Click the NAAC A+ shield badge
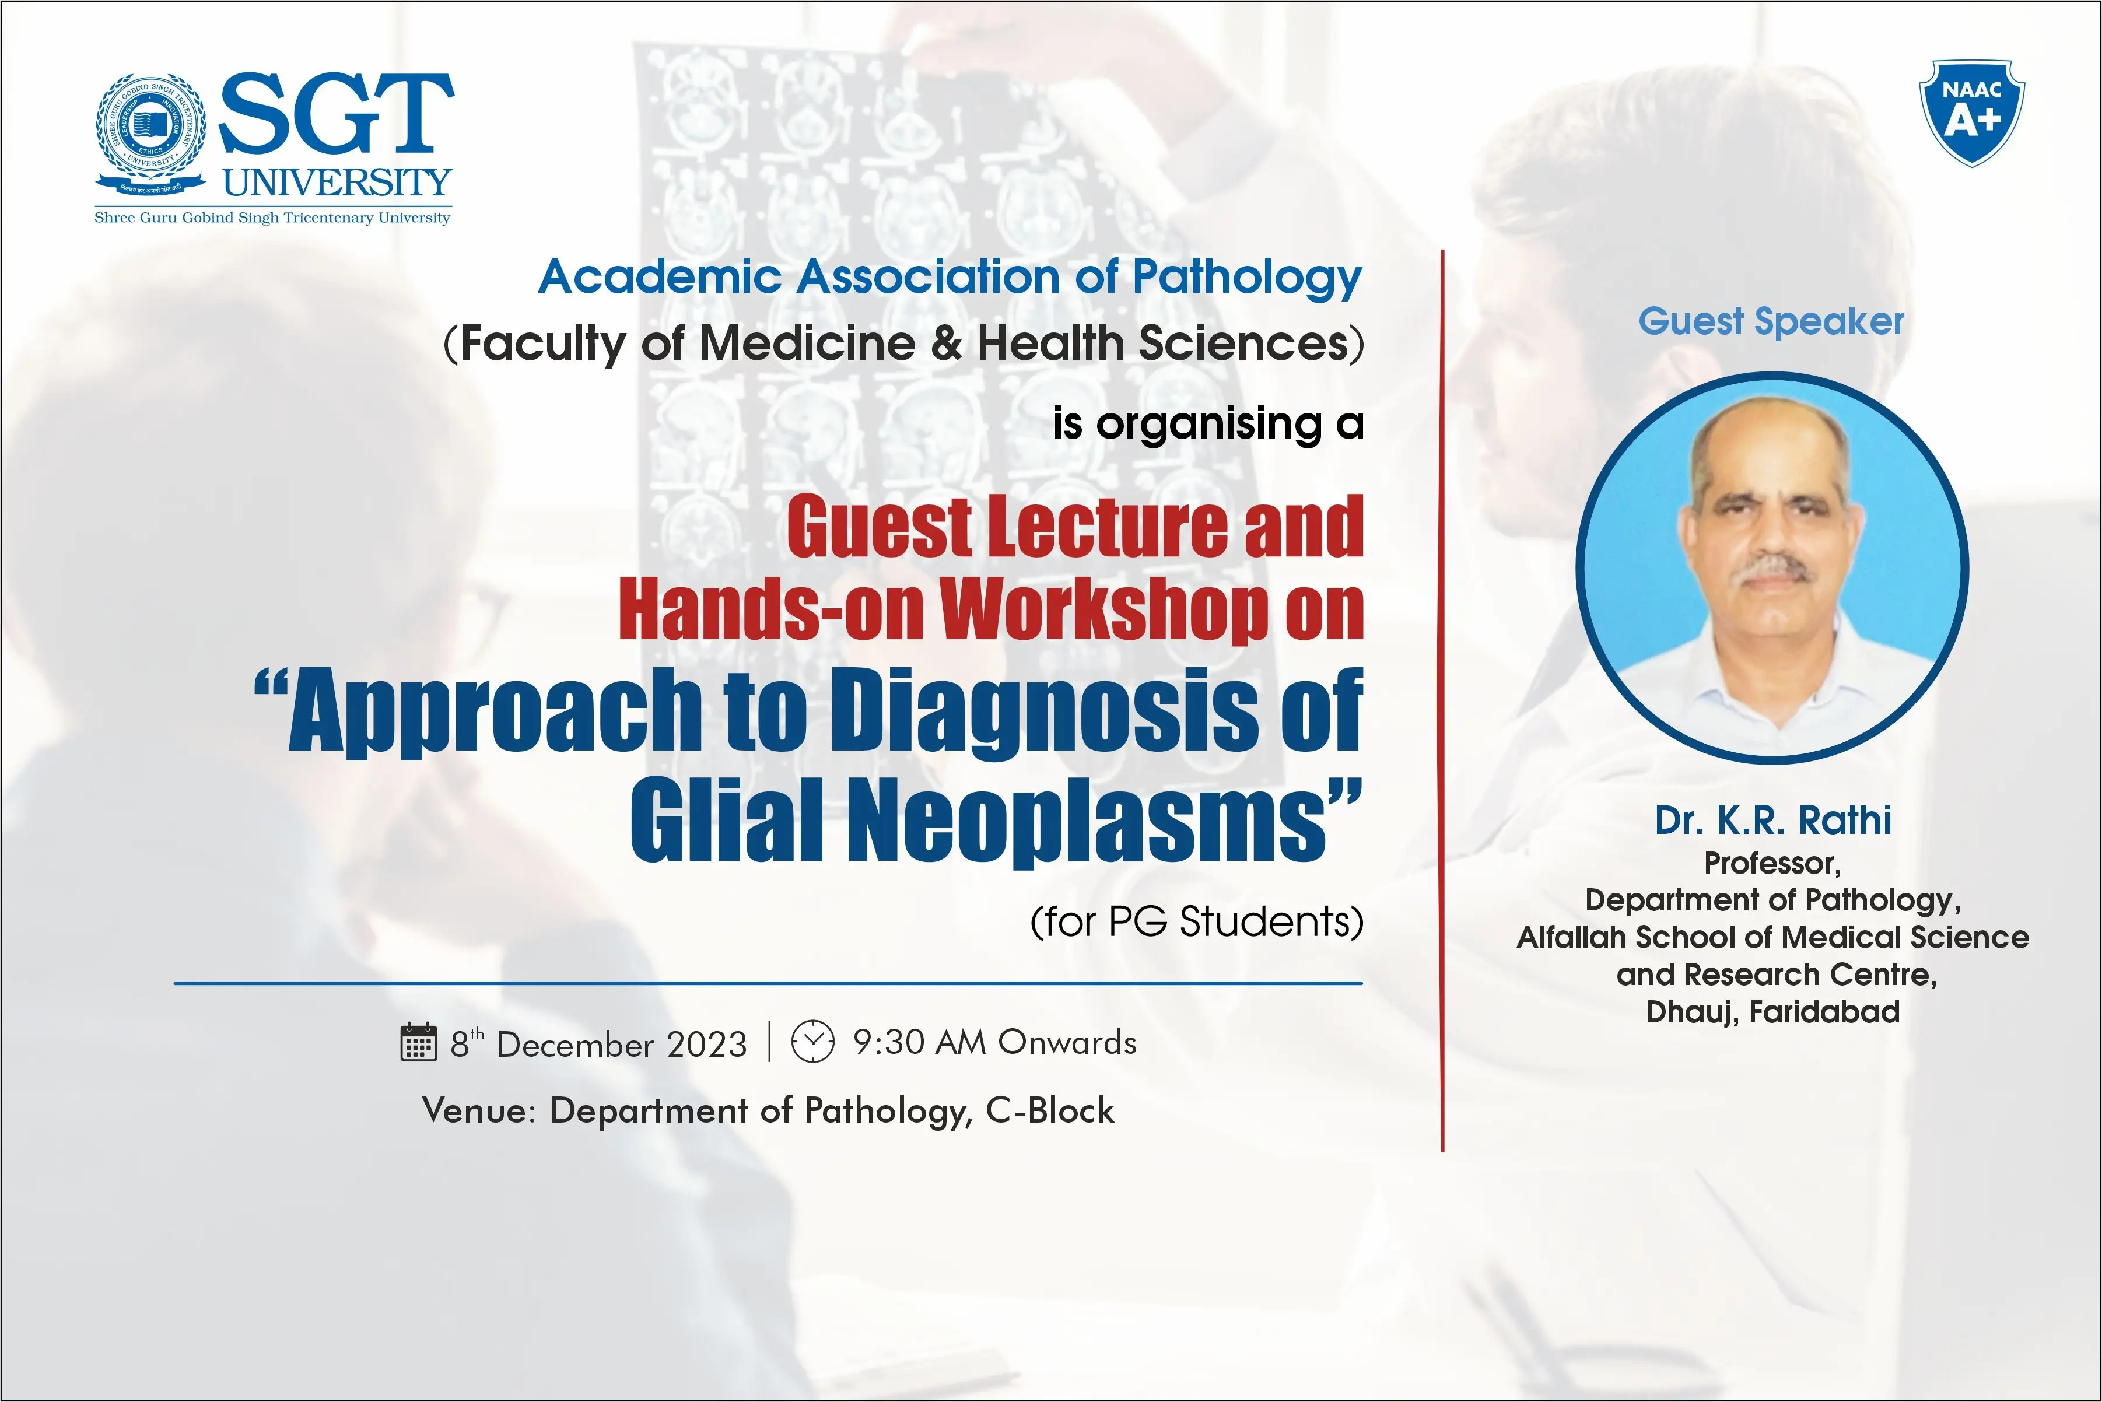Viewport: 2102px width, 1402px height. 1971,113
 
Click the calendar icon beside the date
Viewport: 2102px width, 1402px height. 418,1042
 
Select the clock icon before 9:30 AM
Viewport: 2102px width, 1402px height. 812,1041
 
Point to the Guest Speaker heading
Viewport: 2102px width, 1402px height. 1771,321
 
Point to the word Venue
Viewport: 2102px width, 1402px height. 478,1110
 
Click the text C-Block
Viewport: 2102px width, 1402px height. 1050,1110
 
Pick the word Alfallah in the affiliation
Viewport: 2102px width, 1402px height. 1572,937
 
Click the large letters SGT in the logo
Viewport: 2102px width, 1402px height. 336,114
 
